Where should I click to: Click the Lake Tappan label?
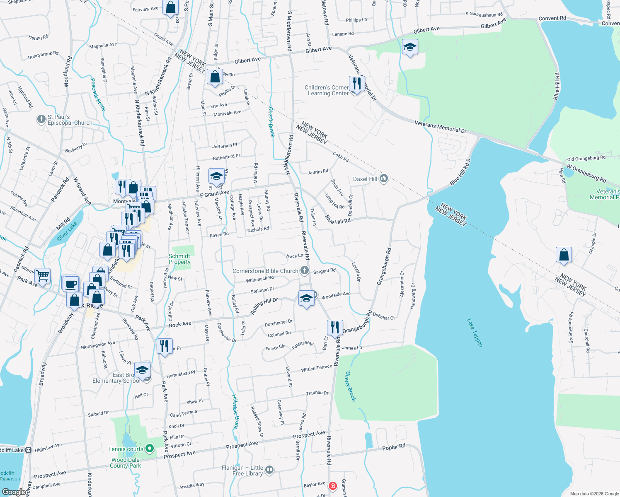tap(475, 333)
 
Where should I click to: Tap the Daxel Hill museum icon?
tap(383, 179)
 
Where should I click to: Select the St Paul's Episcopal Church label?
tap(70, 120)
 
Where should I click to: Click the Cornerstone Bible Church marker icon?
tap(305, 271)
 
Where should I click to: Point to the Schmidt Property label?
tap(179, 259)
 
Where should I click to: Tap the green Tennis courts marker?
tap(150, 449)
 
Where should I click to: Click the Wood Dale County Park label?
tap(126, 463)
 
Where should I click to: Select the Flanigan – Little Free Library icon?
tap(269, 470)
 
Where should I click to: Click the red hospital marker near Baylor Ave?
tap(332, 485)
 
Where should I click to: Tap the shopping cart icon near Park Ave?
tap(42, 275)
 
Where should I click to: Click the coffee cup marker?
tap(71, 284)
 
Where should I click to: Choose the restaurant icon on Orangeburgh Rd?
tap(334, 327)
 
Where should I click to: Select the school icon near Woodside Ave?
tap(306, 298)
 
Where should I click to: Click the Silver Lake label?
tap(67, 232)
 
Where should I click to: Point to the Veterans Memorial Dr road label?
tap(441, 127)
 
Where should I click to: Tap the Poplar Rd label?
tap(394, 447)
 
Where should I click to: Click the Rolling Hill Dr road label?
tap(264, 306)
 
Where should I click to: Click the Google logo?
tap(14, 492)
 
